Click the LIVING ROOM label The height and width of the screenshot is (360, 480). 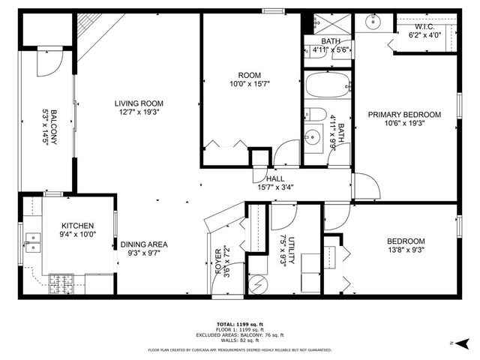pyautogui.click(x=139, y=103)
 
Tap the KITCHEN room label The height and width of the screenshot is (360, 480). pyautogui.click(x=77, y=226)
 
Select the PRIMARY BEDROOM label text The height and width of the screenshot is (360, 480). pyautogui.click(x=403, y=115)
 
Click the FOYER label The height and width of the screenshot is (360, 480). pyautogui.click(x=219, y=259)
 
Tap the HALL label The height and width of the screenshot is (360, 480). pyautogui.click(x=275, y=178)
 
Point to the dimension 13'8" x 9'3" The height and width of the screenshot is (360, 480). pyautogui.click(x=406, y=250)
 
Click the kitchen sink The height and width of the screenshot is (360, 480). pyautogui.click(x=32, y=240)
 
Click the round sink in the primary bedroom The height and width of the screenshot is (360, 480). pyautogui.click(x=373, y=22)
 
